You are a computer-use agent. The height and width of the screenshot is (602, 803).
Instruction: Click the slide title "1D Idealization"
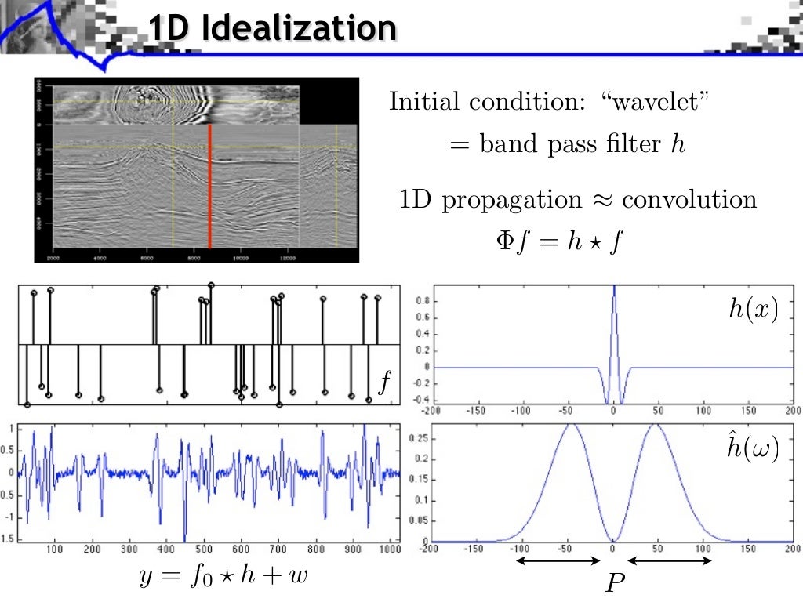pyautogui.click(x=272, y=29)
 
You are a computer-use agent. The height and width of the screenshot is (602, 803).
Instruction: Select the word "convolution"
pyautogui.click(x=689, y=199)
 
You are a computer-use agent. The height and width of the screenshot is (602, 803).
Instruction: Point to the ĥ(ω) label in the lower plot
pyautogui.click(x=753, y=451)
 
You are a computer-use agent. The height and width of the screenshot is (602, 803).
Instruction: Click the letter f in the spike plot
pyautogui.click(x=384, y=383)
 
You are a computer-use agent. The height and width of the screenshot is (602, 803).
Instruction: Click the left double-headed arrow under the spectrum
pyautogui.click(x=558, y=561)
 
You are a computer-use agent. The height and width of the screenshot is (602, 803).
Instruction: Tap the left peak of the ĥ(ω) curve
pyautogui.click(x=571, y=426)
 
